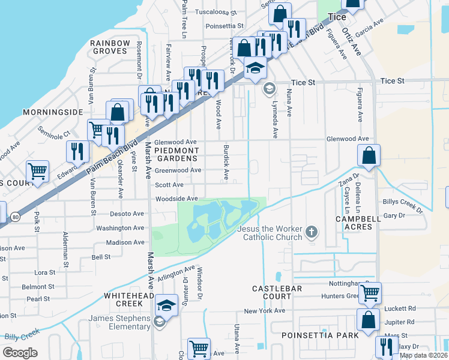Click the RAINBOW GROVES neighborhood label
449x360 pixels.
[x=110, y=47]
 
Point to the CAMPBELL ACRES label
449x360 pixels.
[x=358, y=223]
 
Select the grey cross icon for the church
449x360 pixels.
[x=311, y=232]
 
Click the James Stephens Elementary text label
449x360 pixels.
[x=119, y=322]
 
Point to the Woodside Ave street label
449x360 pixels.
[x=176, y=199]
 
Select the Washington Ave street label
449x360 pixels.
[x=120, y=228]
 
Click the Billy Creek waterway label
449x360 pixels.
[x=22, y=334]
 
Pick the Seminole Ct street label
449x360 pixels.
[x=54, y=132]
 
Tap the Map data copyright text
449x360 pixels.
[x=424, y=355]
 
